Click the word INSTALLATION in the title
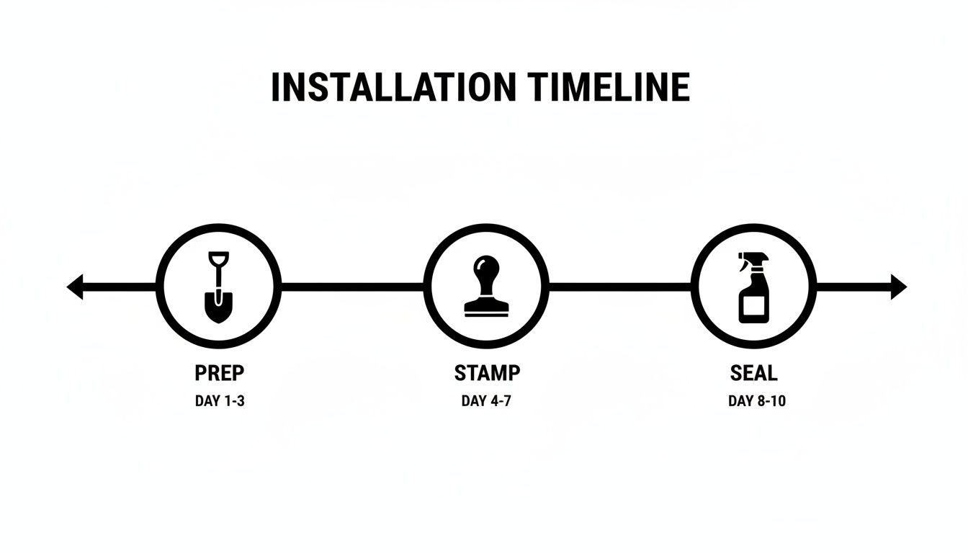pyautogui.click(x=394, y=87)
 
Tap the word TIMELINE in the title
pyautogui.click(x=609, y=87)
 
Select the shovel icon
pyautogui.click(x=219, y=287)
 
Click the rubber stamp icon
pyautogui.click(x=486, y=286)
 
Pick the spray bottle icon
pyautogui.click(x=753, y=288)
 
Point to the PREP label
pyautogui.click(x=220, y=373)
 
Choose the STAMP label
pyautogui.click(x=487, y=373)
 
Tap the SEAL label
pyautogui.click(x=753, y=373)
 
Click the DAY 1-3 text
pyautogui.click(x=220, y=401)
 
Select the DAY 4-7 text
pyautogui.click(x=486, y=401)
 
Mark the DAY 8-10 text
pyautogui.click(x=757, y=401)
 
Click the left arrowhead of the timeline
pyautogui.click(x=75, y=287)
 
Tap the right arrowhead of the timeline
pyautogui.click(x=899, y=287)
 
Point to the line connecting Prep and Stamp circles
pyautogui.click(x=352, y=287)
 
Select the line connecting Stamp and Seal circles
pyautogui.click(x=619, y=287)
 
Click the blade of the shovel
pyautogui.click(x=219, y=307)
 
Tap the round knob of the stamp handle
pyautogui.click(x=486, y=265)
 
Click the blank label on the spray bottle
pyautogui.click(x=753, y=305)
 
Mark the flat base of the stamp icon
pyautogui.click(x=487, y=310)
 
